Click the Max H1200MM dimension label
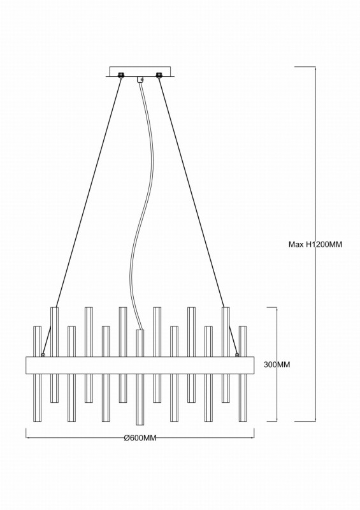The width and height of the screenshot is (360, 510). (315, 244)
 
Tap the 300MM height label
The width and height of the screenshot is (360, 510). (277, 365)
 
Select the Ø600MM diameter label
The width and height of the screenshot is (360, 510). (140, 438)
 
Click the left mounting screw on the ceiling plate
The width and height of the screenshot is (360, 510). (121, 75)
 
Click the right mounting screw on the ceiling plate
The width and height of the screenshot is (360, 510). (159, 75)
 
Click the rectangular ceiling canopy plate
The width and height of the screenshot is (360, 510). (140, 71)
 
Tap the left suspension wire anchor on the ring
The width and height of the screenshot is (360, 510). (43, 355)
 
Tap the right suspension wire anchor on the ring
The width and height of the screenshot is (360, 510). (237, 355)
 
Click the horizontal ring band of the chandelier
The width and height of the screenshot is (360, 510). (140, 365)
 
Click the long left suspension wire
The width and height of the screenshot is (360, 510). (89, 192)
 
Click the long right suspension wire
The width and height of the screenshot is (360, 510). (192, 192)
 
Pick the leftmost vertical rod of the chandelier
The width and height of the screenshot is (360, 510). (38, 374)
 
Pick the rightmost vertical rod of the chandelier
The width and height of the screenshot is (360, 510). (243, 374)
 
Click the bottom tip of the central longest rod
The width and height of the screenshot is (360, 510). (140, 425)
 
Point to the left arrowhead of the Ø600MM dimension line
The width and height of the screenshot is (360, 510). (27, 438)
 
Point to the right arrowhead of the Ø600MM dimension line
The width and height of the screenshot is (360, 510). (253, 438)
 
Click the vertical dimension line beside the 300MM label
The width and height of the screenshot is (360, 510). (277, 364)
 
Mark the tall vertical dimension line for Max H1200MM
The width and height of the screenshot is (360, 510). (315, 244)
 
